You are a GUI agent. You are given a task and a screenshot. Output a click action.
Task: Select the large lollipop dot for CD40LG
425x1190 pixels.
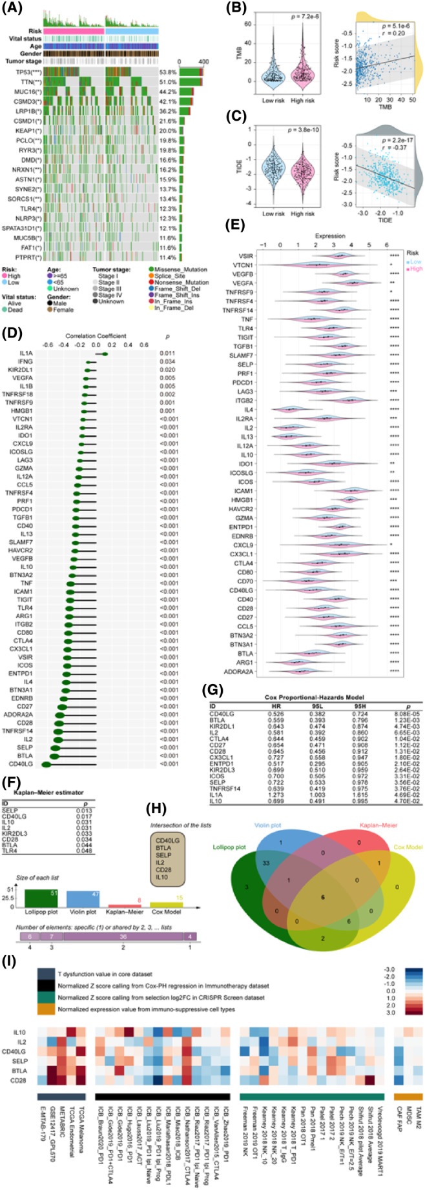(47, 763)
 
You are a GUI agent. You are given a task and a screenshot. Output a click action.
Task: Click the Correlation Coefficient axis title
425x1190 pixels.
(96, 336)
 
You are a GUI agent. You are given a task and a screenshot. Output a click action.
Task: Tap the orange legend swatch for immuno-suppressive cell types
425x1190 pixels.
(46, 1026)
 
